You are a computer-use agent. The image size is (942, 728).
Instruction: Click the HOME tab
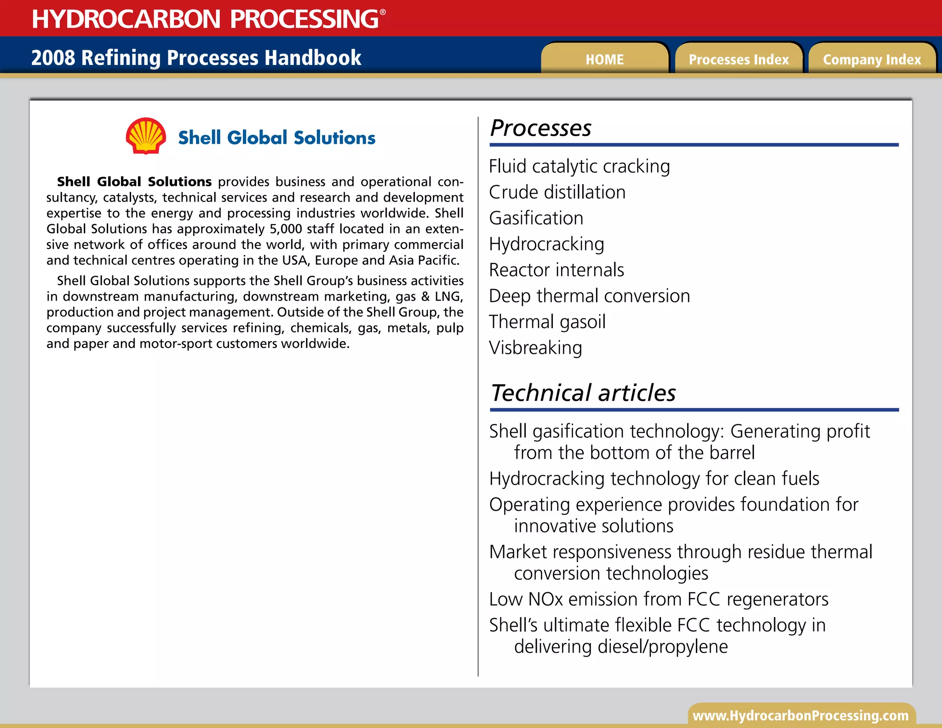coord(604,59)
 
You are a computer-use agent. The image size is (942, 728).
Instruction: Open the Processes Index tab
coord(738,59)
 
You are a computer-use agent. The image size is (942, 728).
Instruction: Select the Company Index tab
coord(872,59)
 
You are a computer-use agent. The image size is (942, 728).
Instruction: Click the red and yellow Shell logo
coord(146,136)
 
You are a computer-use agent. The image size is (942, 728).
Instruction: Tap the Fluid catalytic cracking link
coord(579,167)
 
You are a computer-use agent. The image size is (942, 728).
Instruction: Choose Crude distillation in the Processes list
coord(557,192)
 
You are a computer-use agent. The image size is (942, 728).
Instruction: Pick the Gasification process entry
coord(536,218)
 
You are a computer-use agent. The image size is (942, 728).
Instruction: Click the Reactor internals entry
coord(556,270)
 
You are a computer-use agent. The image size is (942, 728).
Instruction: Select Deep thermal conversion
coord(589,296)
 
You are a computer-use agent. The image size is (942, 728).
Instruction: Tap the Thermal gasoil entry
coord(547,322)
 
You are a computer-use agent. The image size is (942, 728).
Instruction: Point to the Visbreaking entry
coord(535,348)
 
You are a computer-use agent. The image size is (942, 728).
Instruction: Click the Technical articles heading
coord(583,393)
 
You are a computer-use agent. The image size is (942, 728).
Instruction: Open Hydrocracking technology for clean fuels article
coord(654,479)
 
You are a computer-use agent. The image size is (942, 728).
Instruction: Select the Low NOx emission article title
coord(658,599)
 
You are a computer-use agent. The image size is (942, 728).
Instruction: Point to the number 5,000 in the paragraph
coord(285,229)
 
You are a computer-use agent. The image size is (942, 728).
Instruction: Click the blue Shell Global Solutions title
coord(276,138)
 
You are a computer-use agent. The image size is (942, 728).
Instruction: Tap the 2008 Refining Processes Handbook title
coord(196,58)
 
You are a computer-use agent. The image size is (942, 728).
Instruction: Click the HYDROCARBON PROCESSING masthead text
coord(206,19)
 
